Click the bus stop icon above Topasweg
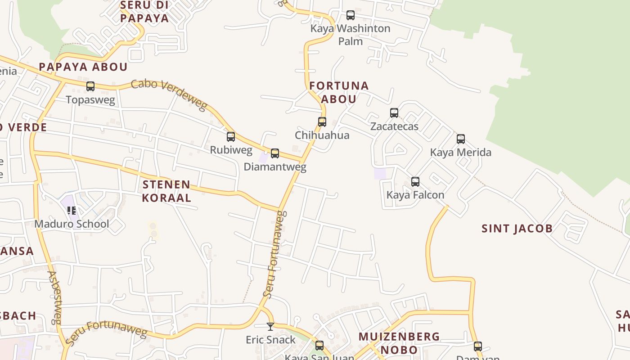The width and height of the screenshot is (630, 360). [x=90, y=86]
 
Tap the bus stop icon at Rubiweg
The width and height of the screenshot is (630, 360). [x=231, y=137]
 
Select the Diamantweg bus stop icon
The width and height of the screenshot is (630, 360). [x=275, y=153]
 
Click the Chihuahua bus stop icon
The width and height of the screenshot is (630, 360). [x=322, y=121]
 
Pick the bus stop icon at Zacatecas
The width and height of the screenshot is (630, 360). [x=394, y=113]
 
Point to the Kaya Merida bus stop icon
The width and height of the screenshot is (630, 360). [x=461, y=139]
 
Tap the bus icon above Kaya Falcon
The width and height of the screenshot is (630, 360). [x=415, y=182]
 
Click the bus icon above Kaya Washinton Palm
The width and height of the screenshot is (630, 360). [x=351, y=15]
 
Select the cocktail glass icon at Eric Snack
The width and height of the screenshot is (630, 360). [x=270, y=326]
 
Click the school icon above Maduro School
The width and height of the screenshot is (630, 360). [x=72, y=210]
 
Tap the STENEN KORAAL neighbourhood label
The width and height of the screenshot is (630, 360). [x=166, y=191]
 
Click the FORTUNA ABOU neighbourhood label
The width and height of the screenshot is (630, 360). [x=339, y=92]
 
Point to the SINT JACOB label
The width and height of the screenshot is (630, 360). [x=517, y=229]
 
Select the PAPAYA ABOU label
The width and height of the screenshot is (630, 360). [x=83, y=67]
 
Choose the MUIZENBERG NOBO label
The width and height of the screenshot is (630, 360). [x=399, y=343]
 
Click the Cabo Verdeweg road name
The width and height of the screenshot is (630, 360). [x=169, y=95]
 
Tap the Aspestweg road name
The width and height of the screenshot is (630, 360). [x=54, y=297]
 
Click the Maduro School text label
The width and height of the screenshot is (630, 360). [x=72, y=224]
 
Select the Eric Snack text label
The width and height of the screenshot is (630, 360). [x=270, y=339]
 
